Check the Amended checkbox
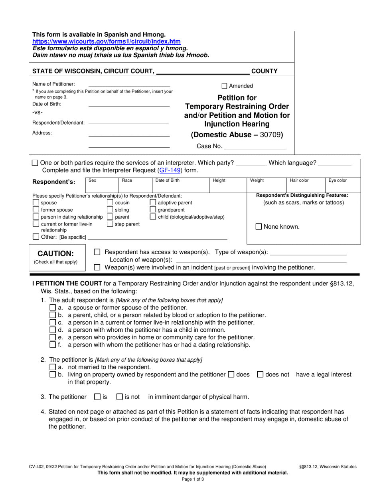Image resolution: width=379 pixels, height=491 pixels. click(x=224, y=86)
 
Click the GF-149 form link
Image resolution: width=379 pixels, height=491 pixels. click(x=170, y=170)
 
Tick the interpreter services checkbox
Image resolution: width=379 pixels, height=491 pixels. click(x=35, y=163)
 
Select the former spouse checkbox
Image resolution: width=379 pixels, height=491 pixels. click(x=36, y=210)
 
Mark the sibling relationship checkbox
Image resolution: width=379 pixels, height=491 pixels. click(x=110, y=210)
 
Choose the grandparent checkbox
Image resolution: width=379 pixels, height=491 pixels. click(x=153, y=210)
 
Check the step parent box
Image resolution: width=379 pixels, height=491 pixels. click(x=110, y=224)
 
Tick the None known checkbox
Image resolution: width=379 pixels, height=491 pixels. click(x=259, y=227)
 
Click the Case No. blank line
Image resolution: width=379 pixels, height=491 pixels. click(x=255, y=147)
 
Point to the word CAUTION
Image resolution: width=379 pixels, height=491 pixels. click(x=55, y=253)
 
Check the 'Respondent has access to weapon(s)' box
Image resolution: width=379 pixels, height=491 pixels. click(x=97, y=252)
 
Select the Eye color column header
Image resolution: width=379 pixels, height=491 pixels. click(x=337, y=180)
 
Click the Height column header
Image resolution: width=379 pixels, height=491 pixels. click(x=219, y=180)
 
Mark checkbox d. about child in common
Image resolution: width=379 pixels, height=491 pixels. click(x=53, y=330)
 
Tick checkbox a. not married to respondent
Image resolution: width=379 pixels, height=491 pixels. click(x=53, y=367)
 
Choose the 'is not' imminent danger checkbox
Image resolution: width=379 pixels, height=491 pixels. click(x=120, y=397)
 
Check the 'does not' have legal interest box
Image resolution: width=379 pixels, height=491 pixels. click(x=260, y=374)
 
